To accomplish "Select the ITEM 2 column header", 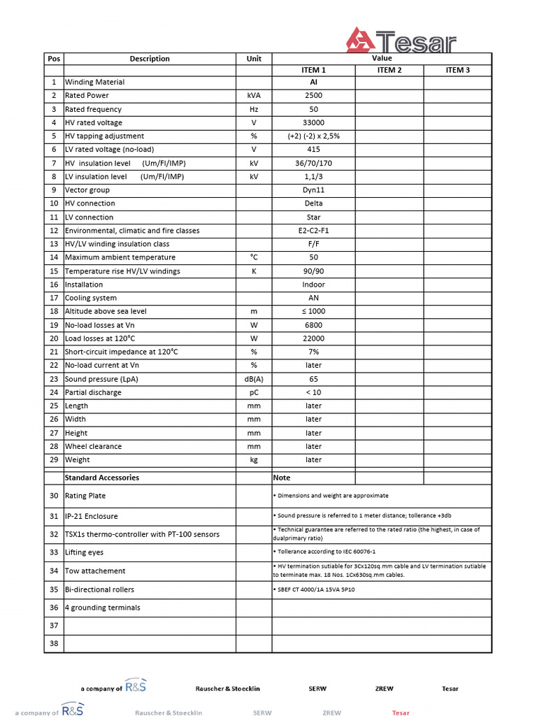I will click(x=389, y=70).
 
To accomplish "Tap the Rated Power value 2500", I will click(x=314, y=96).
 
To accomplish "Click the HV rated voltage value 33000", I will click(x=314, y=123).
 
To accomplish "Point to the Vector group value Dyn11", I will click(x=314, y=190).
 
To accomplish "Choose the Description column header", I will click(x=150, y=59).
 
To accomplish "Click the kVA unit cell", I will click(x=254, y=96).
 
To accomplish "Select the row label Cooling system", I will click(x=91, y=298).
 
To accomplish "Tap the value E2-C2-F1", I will click(x=314, y=231).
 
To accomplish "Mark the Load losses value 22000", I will click(x=314, y=338).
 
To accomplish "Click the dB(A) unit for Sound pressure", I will click(x=254, y=379).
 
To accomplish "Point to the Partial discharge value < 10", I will click(x=314, y=392).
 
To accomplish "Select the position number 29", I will click(x=54, y=460).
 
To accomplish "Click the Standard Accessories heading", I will click(x=101, y=478).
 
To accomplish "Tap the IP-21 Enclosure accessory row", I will click(x=92, y=517).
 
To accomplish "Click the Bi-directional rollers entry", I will click(x=99, y=589).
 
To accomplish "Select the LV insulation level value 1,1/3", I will click(x=314, y=177).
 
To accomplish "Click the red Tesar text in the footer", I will click(x=401, y=713).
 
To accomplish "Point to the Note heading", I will click(x=282, y=478).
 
